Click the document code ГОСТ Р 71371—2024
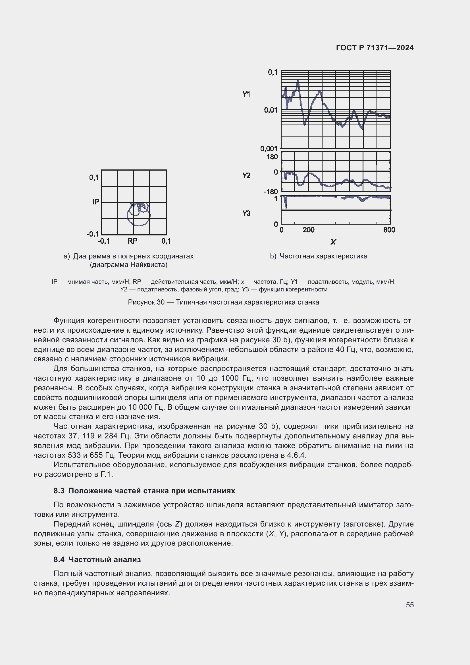point(375,48)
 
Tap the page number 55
point(409,605)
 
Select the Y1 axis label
point(246,94)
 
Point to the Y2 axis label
point(246,175)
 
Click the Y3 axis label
point(246,214)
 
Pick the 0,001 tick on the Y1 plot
point(269,149)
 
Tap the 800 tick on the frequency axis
point(389,230)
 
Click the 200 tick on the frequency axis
point(308,230)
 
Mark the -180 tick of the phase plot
point(271,191)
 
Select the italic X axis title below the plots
point(333,242)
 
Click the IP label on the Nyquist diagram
point(95,202)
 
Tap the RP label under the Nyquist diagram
point(132,241)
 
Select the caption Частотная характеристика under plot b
point(323,256)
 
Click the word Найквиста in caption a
point(148,264)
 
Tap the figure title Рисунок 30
point(146,302)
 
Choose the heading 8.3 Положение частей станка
point(144,491)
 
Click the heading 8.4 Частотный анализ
point(97,559)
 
